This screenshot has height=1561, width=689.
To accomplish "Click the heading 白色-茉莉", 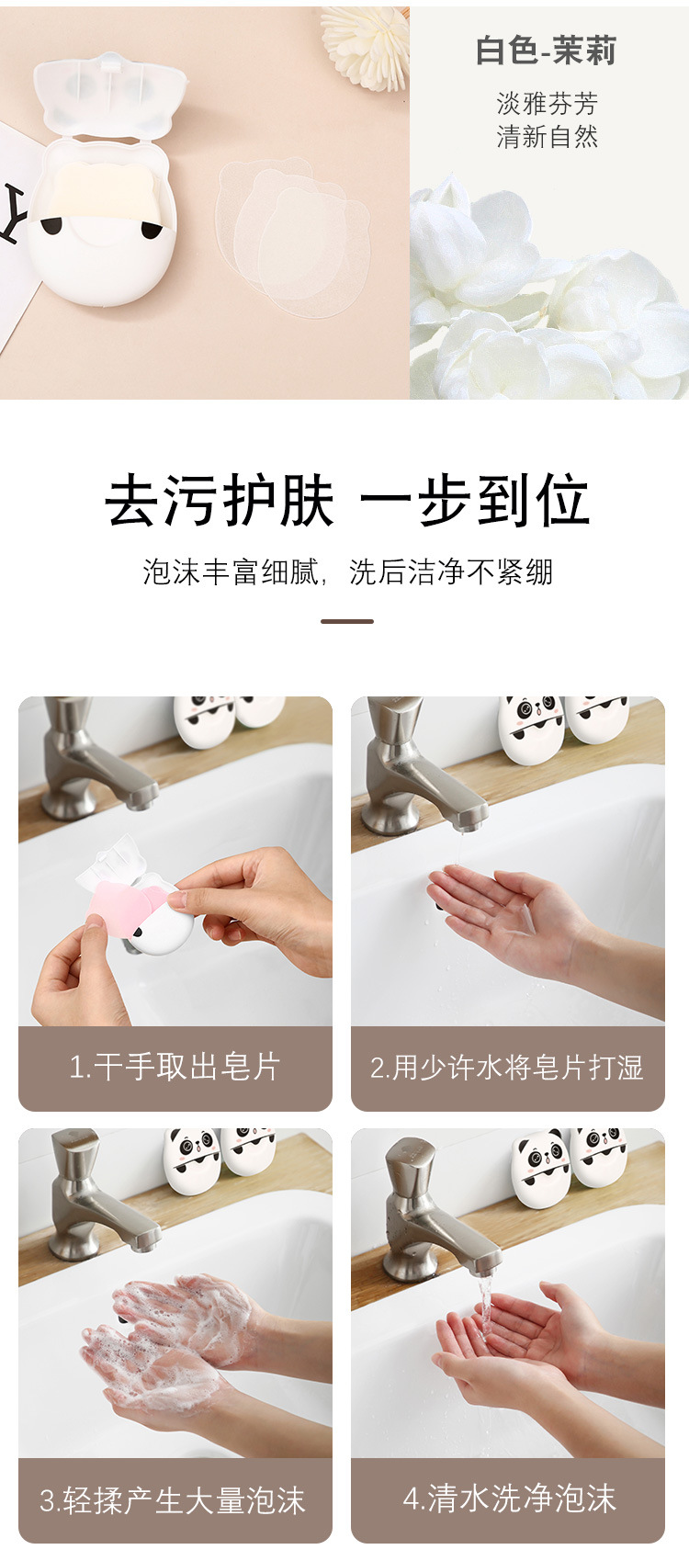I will tap(546, 51).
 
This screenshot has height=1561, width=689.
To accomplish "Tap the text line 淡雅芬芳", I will tap(547, 103).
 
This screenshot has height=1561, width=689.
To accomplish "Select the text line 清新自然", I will tap(547, 137).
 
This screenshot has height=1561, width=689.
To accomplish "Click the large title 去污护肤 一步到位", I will tap(346, 502).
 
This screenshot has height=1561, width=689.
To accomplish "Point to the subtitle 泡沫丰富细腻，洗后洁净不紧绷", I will tap(347, 571).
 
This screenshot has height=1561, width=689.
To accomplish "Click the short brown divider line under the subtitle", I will tap(346, 621).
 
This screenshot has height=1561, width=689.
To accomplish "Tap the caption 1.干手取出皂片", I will tap(175, 1067).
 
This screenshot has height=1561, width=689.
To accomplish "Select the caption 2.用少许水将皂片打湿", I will tap(507, 1067).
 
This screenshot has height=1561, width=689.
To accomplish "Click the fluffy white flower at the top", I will tap(367, 41).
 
